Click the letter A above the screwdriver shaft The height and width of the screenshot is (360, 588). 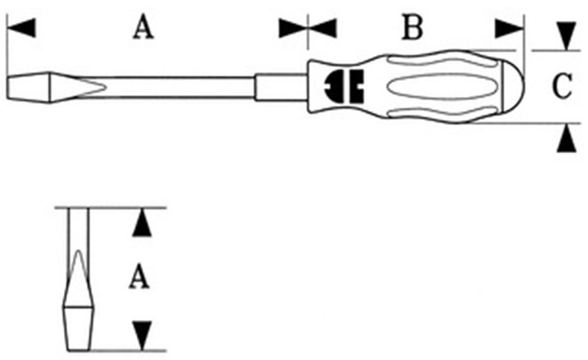pyautogui.click(x=143, y=28)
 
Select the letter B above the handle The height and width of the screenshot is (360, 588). pyautogui.click(x=412, y=28)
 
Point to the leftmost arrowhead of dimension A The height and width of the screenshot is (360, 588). pyautogui.click(x=22, y=28)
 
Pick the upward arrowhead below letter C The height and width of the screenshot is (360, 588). pyautogui.click(x=567, y=138)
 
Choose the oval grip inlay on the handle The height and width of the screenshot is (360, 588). pyautogui.click(x=432, y=87)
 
